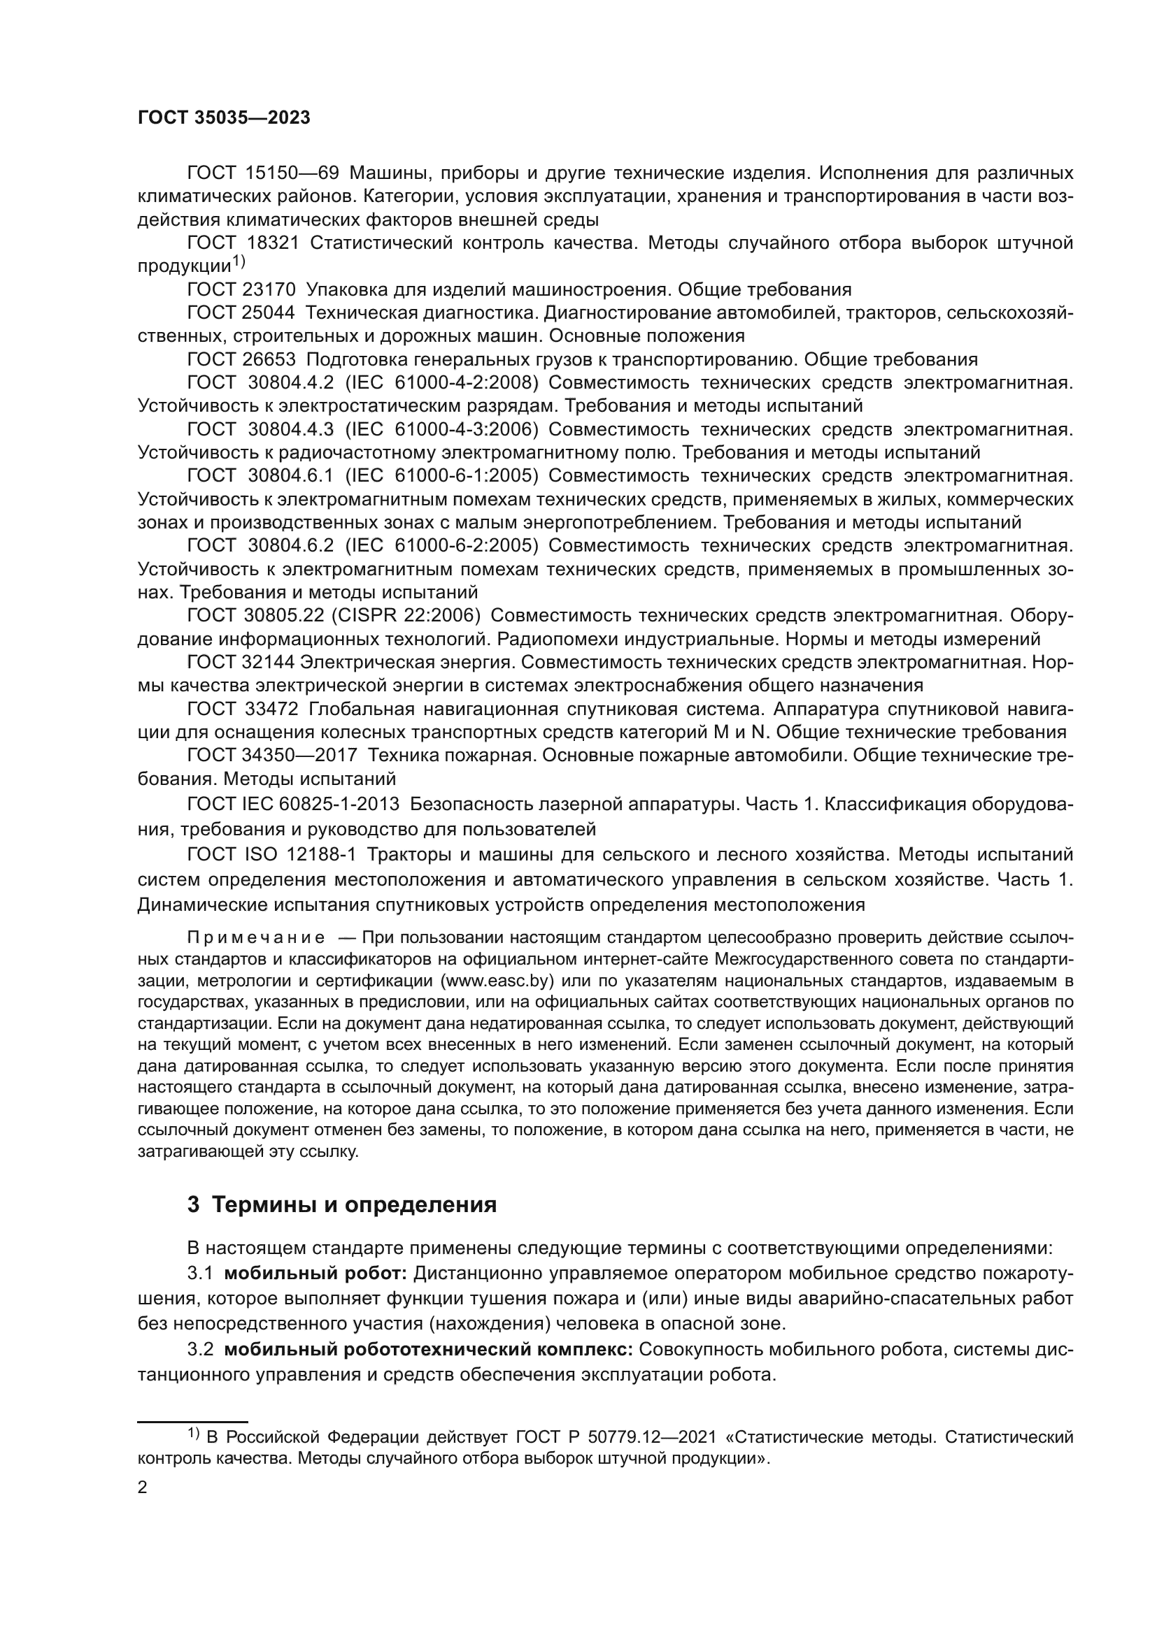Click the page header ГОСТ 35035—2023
point(224,118)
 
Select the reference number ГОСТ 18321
point(243,243)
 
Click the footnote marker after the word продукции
point(239,262)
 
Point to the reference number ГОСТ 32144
point(241,662)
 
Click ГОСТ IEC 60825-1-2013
point(293,805)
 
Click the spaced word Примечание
point(256,938)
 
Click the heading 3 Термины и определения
point(341,1205)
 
